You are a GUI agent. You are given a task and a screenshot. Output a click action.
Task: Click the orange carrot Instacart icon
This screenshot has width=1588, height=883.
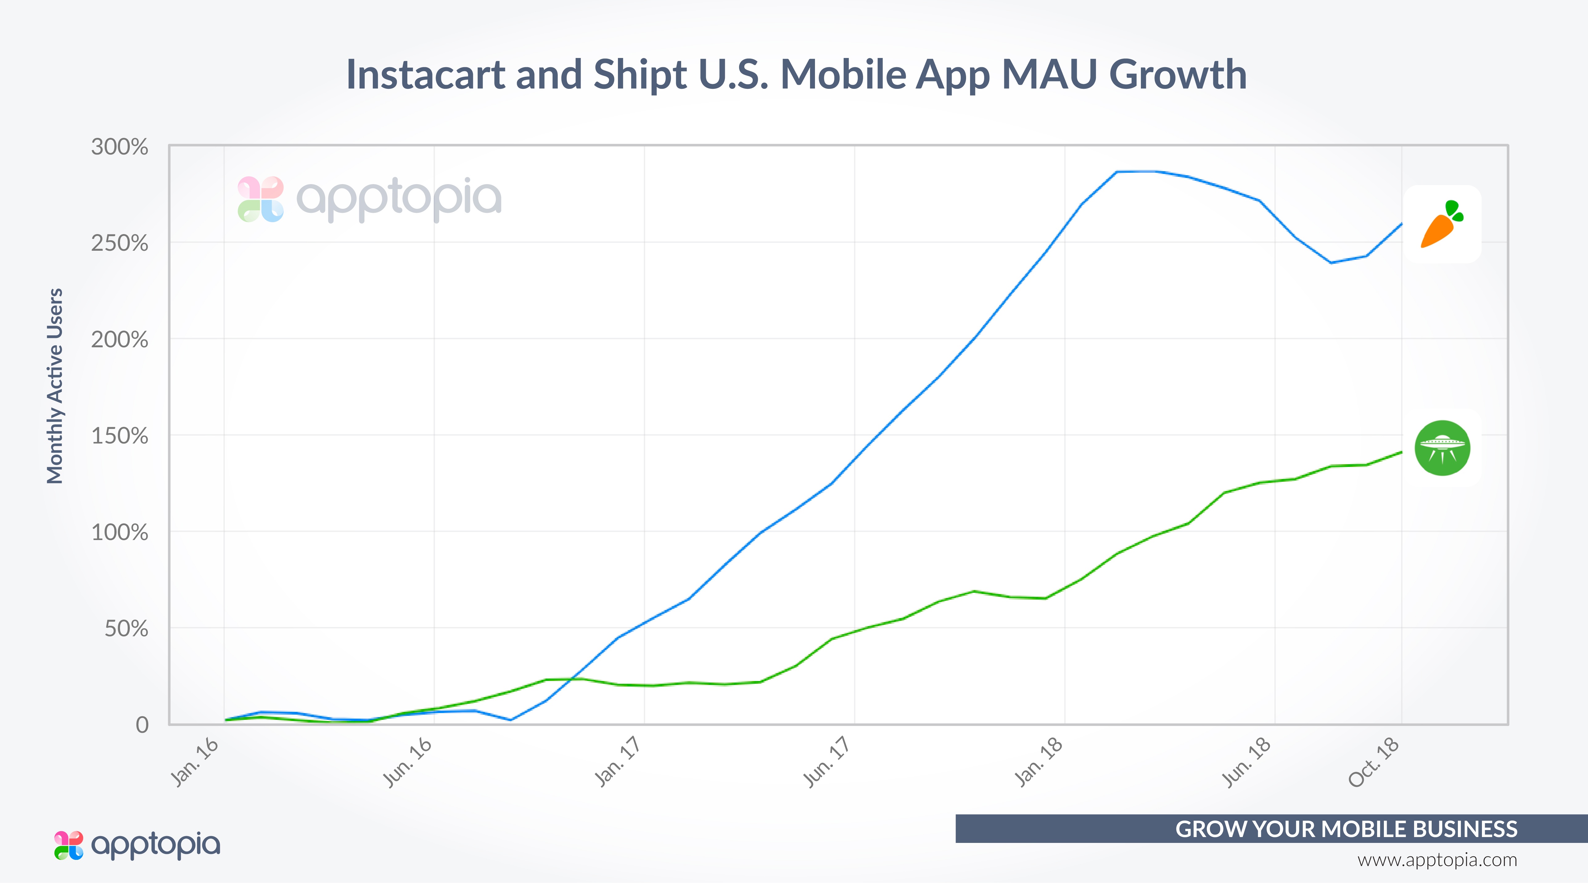pos(1441,224)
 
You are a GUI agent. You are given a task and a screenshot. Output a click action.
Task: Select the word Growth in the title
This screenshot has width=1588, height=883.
pos(1178,75)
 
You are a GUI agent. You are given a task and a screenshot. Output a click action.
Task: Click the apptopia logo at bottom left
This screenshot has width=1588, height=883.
pos(137,845)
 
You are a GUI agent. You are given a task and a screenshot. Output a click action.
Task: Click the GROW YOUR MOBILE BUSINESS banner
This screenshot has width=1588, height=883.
pos(1346,829)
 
